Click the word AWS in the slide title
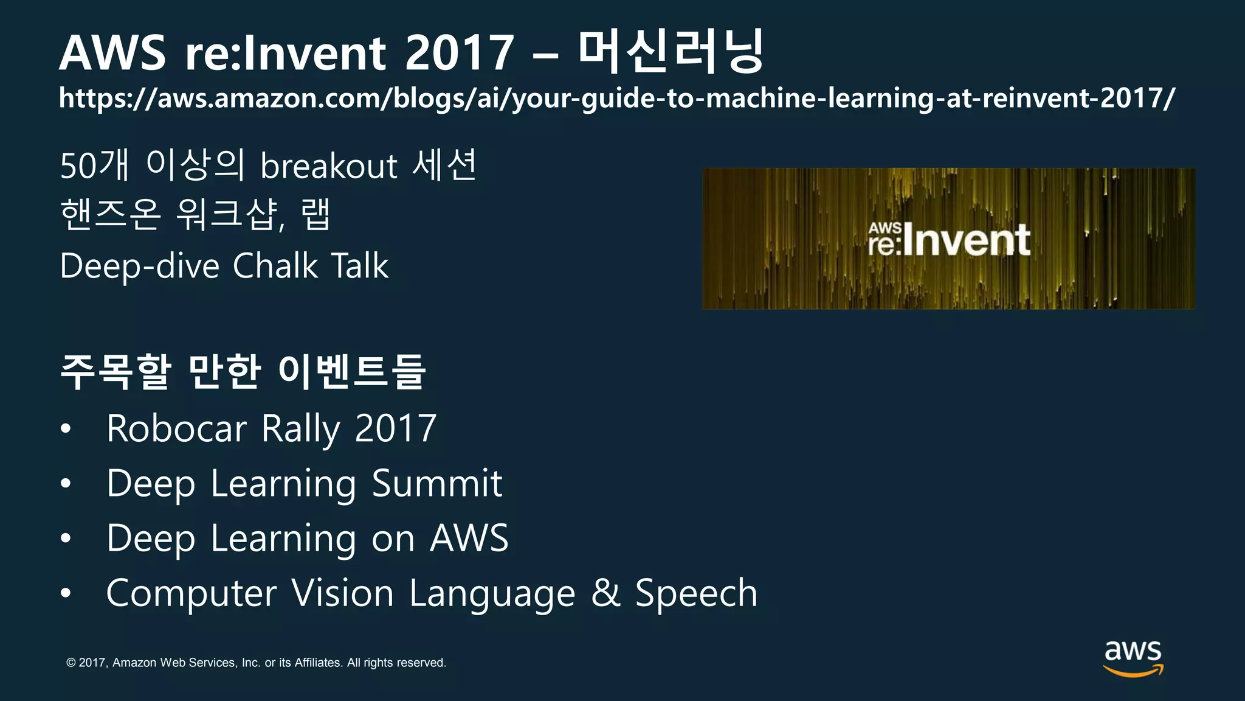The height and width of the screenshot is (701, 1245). [112, 53]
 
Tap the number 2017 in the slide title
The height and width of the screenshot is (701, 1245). [459, 53]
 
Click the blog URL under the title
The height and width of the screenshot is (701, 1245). [617, 98]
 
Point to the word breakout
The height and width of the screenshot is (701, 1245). [329, 166]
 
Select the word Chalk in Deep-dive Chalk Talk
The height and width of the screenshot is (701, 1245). [275, 266]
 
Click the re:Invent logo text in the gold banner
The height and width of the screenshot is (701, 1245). [949, 240]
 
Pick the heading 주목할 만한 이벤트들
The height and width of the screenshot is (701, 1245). [243, 371]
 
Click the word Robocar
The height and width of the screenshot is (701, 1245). [176, 428]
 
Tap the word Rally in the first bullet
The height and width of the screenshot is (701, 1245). [300, 428]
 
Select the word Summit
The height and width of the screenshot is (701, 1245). [437, 484]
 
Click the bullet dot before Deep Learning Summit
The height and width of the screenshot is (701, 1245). [66, 484]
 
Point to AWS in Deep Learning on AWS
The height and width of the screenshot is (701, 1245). [469, 539]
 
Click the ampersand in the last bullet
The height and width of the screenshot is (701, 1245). [605, 593]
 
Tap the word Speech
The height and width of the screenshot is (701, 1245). [696, 593]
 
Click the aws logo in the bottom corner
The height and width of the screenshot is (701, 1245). [1133, 658]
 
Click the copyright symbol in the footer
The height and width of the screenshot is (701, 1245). [71, 663]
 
